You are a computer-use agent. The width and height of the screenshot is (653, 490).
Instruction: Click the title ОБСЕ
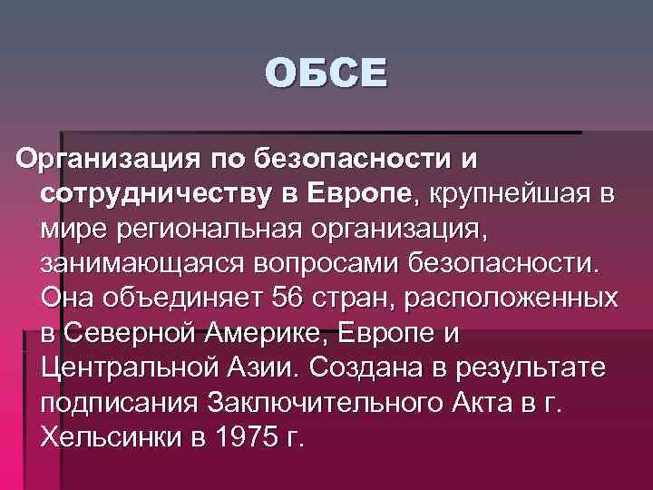(x=326, y=73)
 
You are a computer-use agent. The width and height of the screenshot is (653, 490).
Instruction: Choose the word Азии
(x=259, y=367)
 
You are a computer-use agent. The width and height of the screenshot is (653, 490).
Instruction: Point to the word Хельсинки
(x=109, y=436)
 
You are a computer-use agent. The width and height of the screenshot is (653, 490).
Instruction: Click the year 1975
(x=246, y=436)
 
